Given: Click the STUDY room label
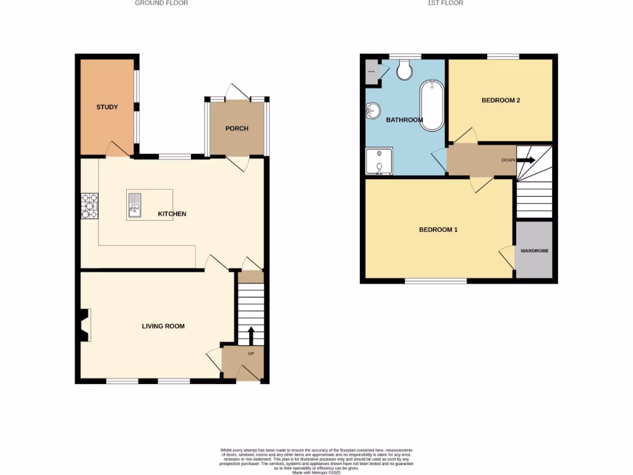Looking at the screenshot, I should coord(107,107).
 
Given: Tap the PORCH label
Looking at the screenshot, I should coord(237,129).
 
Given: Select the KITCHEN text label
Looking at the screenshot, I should coord(172,214).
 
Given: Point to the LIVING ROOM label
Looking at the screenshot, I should coord(163,326).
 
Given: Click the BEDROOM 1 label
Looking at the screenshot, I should coord(438,229).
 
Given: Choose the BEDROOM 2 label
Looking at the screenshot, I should coord(501,100).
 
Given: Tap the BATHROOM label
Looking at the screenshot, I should coord(404,120).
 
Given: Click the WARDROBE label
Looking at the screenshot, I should coord(534,251).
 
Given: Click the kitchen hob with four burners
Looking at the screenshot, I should coord(89,206).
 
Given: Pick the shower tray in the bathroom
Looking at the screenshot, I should coord(379,161).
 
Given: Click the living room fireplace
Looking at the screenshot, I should coord(83,325).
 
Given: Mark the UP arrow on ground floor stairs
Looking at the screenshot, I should coord(251,335).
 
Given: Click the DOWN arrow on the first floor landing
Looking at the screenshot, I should coord(526,160).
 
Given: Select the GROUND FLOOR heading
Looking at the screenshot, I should coord(161,3).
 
